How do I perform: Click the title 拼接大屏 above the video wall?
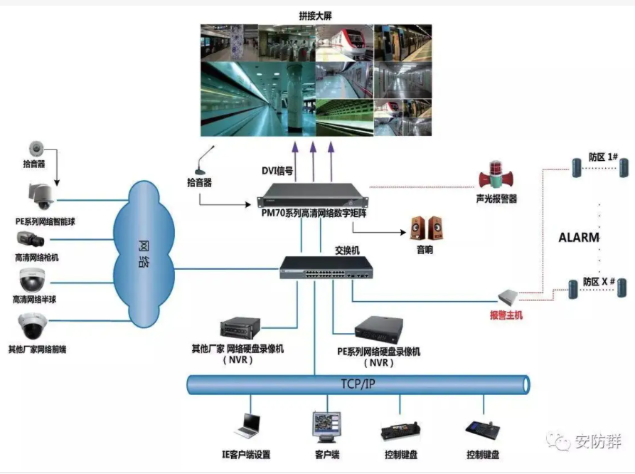coord(315,15)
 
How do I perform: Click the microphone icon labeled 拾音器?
coord(206,161)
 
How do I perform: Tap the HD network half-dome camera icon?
coord(33,280)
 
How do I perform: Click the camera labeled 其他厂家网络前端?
coord(33,326)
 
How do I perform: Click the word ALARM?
coord(579,237)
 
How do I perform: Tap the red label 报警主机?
coord(506,315)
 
